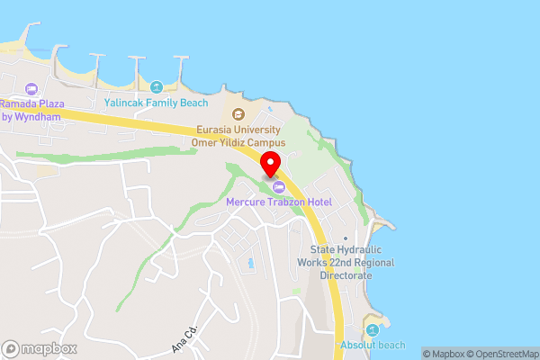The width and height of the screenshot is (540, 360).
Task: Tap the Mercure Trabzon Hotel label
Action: (278, 202)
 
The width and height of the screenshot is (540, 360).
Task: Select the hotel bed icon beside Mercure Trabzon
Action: (278, 187)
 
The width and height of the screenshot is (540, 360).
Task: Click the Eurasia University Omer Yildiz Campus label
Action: (238, 137)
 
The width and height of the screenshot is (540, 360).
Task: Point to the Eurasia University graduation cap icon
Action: (238, 114)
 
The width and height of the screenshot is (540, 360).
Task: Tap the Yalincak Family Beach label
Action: (157, 103)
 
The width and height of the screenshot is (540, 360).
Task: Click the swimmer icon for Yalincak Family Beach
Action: (157, 87)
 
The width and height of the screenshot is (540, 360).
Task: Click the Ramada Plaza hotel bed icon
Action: (32, 88)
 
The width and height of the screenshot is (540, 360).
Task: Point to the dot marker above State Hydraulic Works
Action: (346, 238)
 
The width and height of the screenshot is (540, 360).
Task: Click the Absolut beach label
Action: (373, 346)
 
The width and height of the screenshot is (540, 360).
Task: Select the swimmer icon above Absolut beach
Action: (373, 328)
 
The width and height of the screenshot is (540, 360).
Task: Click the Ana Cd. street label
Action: (184, 338)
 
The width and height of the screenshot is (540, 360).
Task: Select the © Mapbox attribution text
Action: (442, 354)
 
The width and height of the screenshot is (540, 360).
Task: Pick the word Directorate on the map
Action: (346, 274)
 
